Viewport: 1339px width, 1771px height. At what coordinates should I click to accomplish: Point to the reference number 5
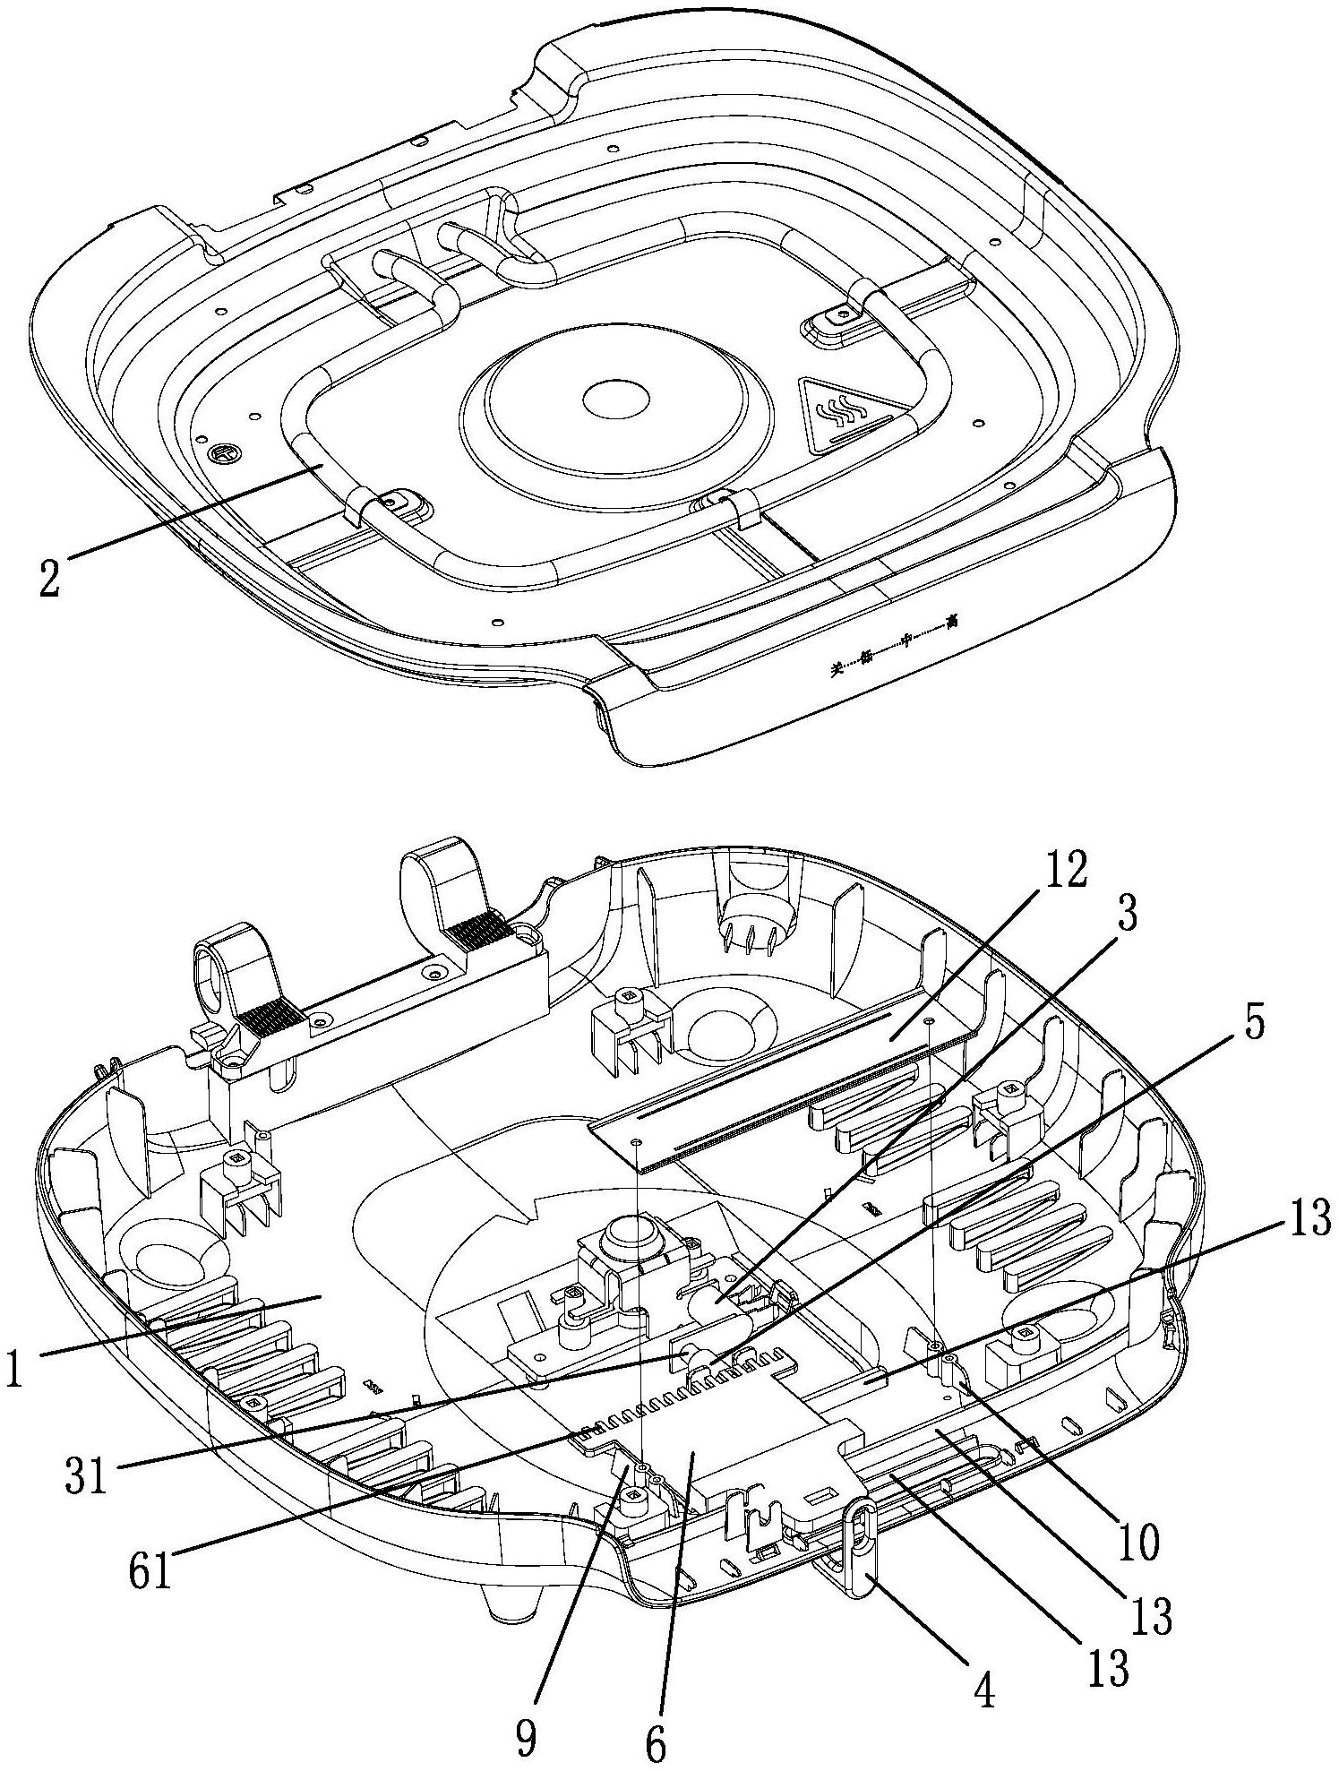tap(1254, 1025)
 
